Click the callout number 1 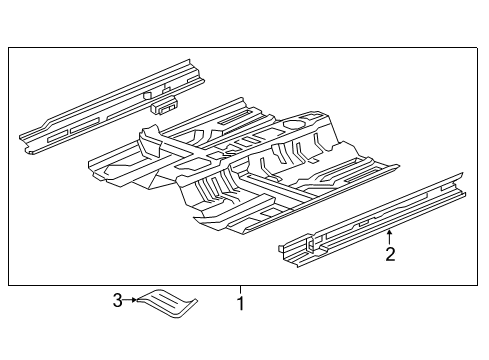[240, 303]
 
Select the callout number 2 [390, 254]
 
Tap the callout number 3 [117, 301]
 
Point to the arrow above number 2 [389, 238]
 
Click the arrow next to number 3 [130, 300]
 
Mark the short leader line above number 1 [240, 289]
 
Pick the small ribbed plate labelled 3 [167, 303]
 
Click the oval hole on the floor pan [294, 125]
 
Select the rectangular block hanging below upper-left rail [164, 105]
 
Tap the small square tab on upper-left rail [147, 95]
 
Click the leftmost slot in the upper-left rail [58, 136]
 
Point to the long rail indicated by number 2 [372, 221]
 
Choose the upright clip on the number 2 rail [310, 243]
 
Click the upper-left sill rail [112, 107]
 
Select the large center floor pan [243, 167]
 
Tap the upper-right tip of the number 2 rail [463, 173]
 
